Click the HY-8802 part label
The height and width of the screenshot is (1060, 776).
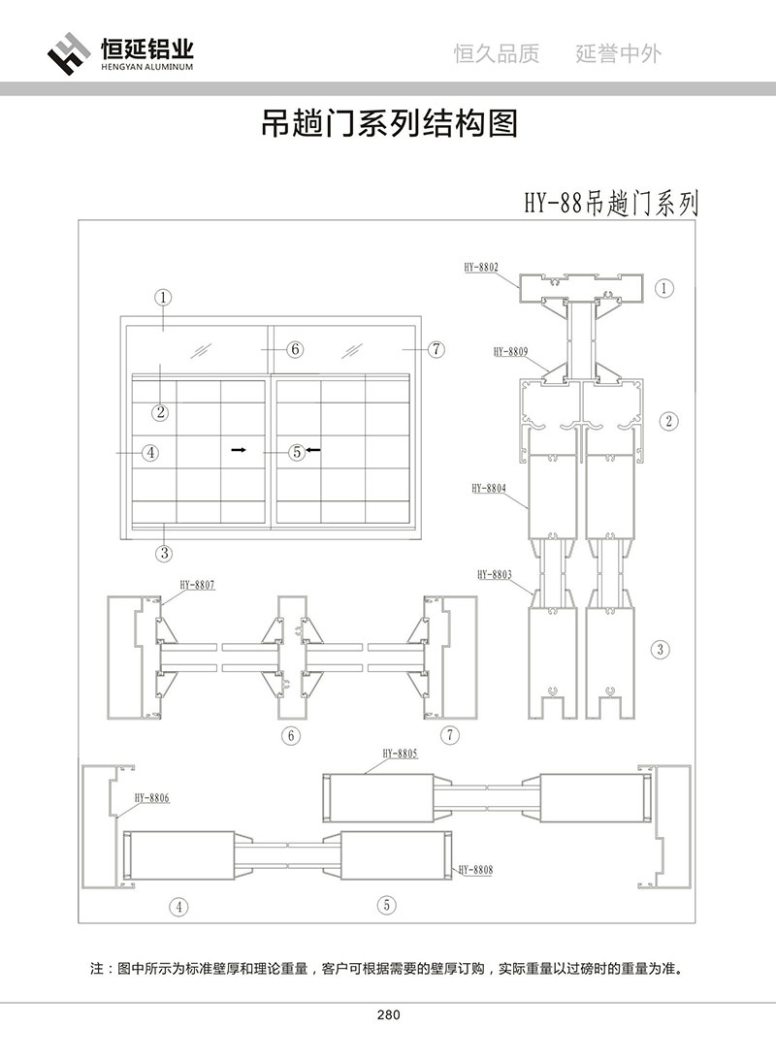(481, 265)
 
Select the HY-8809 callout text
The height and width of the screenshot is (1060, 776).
(510, 352)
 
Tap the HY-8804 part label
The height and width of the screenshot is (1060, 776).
(489, 490)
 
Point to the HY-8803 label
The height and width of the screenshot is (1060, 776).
(495, 575)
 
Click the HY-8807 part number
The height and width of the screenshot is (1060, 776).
(197, 585)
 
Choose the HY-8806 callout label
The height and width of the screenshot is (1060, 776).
(152, 797)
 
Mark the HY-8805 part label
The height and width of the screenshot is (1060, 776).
(400, 753)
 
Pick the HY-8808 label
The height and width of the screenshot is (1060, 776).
(475, 870)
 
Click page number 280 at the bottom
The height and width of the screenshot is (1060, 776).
(387, 1015)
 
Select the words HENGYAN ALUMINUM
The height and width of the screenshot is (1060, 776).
(147, 69)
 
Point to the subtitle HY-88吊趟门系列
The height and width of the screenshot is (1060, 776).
(611, 204)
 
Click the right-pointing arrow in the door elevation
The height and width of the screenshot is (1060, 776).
(238, 450)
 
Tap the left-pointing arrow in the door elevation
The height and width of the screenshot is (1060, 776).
(313, 450)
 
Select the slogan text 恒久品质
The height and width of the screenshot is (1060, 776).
(497, 53)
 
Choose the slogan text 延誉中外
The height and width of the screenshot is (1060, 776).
(619, 53)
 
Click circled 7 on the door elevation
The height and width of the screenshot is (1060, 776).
(436, 349)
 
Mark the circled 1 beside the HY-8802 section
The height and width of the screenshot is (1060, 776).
(664, 287)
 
